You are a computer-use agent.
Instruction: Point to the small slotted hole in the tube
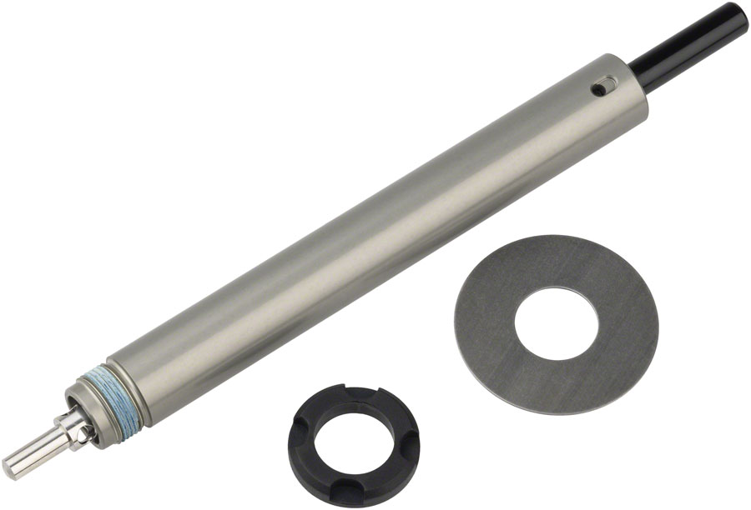[x=603, y=85]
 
